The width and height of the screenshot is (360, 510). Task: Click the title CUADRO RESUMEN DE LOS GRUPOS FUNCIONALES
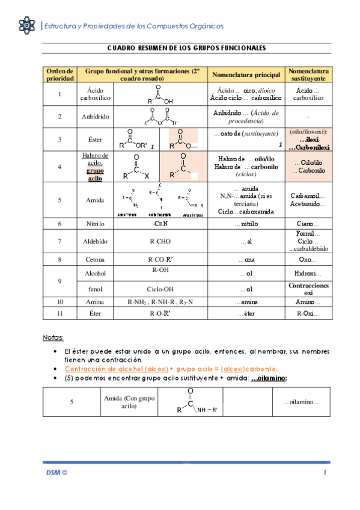(186, 48)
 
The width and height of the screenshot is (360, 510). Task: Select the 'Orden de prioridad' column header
(59, 75)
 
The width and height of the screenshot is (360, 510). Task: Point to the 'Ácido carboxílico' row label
(96, 94)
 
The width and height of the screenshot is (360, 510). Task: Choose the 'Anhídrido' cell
(96, 117)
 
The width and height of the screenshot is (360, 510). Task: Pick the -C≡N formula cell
(159, 224)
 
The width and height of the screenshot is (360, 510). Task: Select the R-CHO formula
(159, 241)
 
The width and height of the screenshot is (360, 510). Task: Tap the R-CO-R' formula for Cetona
(159, 260)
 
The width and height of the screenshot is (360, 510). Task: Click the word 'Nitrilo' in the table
(96, 224)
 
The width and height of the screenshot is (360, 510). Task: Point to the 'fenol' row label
(96, 289)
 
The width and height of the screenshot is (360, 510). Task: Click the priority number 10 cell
(59, 301)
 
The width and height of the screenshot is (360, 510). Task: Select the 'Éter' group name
(96, 314)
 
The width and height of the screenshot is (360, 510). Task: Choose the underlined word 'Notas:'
(53, 337)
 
